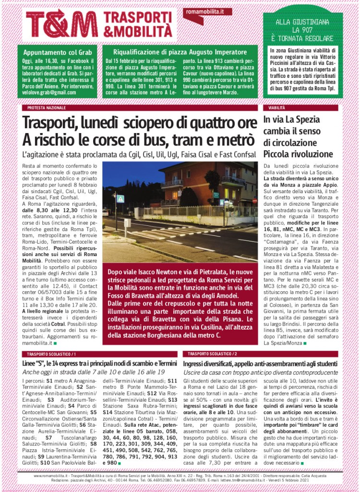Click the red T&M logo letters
(x=61, y=24)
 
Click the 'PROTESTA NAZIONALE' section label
(x=47, y=108)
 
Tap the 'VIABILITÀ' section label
(x=277, y=108)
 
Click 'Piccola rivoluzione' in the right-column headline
(x=298, y=154)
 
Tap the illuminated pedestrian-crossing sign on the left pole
(x=120, y=198)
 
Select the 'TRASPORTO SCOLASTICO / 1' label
(x=49, y=354)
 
